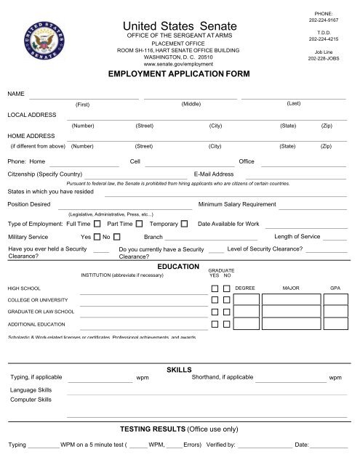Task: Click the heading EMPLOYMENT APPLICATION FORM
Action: coord(178,74)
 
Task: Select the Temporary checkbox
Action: coord(185,223)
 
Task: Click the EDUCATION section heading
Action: coord(178,267)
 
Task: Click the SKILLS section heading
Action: coord(179,370)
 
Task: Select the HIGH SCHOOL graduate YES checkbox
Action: coord(215,288)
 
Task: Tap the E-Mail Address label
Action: coord(214,174)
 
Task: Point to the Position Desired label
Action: coord(29,205)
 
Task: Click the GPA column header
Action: coord(335,288)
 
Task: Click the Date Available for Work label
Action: coord(228,223)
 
